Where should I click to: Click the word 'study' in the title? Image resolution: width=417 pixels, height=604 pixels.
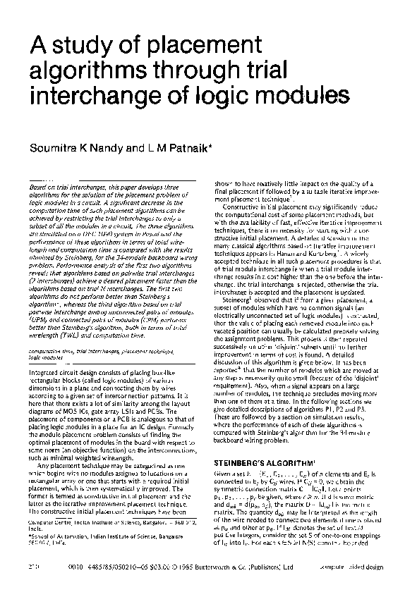[75, 49]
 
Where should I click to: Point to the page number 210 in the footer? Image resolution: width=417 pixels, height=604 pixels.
[30, 585]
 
